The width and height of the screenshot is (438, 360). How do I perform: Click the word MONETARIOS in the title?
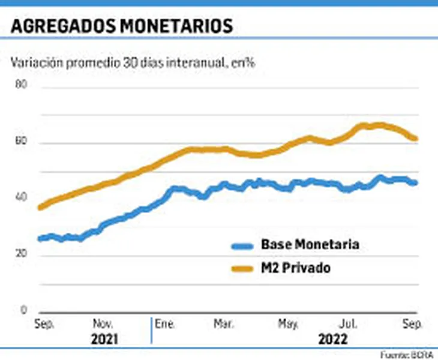(169, 27)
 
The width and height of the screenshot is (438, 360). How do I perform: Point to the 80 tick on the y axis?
(22, 85)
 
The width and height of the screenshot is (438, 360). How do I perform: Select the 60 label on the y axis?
(22, 142)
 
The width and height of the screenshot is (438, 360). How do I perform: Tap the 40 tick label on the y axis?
(22, 198)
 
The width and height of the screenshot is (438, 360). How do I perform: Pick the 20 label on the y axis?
(22, 255)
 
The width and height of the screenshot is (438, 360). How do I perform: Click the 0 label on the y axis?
(25, 310)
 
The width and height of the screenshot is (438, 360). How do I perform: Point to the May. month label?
(287, 324)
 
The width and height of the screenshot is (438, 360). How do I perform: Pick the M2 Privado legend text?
(295, 268)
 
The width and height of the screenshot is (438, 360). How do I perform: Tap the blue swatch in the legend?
(241, 245)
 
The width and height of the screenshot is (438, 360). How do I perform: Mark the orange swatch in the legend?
(241, 269)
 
